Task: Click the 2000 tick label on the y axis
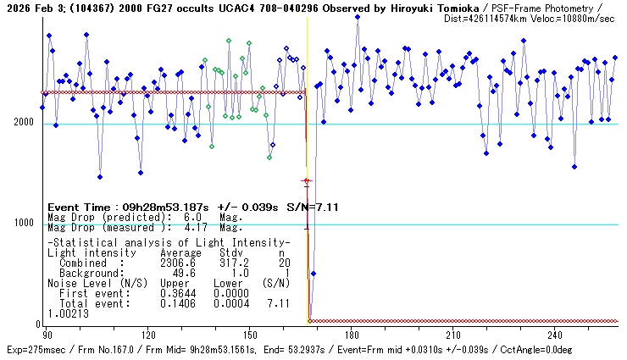[x=23, y=123]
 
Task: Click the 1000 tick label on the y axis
[x=23, y=224]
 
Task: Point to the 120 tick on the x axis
[x=148, y=335]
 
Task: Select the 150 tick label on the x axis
[x=250, y=335]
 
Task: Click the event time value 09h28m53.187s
[x=159, y=208]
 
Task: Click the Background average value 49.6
[x=184, y=274]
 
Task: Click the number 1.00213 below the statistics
[x=67, y=313]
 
